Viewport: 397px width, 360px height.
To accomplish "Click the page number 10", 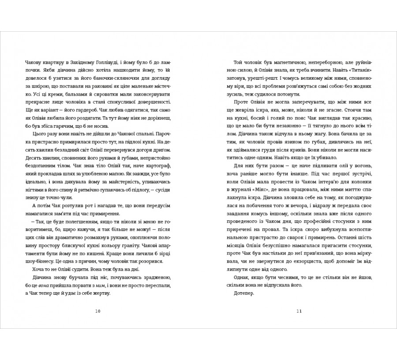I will pyautogui.click(x=98, y=312).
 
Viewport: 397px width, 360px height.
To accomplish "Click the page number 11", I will pyautogui.click(x=299, y=312).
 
